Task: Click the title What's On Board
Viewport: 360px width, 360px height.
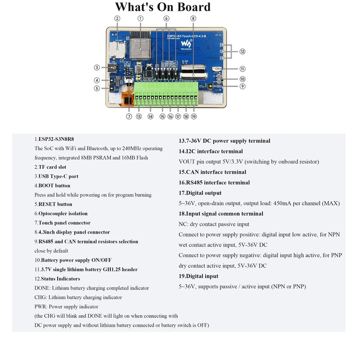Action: coord(163,7)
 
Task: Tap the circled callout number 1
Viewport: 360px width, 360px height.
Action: coord(140,18)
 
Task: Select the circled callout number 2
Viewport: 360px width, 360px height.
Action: coord(117,18)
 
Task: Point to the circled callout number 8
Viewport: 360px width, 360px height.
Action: coord(193,18)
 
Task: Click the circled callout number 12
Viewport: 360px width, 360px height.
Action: coord(243,52)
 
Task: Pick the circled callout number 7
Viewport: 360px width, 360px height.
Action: coord(129,116)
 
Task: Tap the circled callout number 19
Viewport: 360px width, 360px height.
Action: coord(194,116)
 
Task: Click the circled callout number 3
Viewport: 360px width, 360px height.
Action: coord(97,67)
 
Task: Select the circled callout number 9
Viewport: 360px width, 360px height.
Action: coord(243,86)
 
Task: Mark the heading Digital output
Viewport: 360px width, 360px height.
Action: coord(200,193)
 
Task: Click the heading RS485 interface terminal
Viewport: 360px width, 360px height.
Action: coord(214,182)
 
